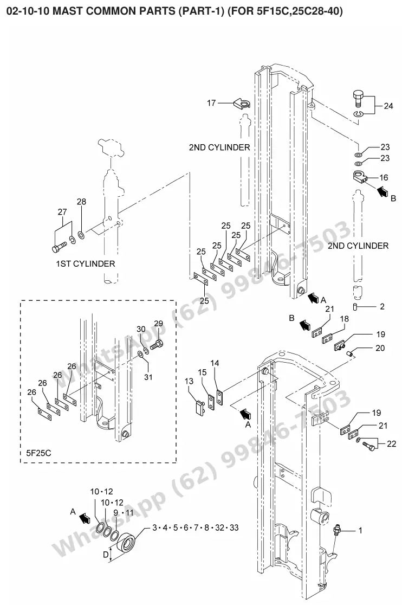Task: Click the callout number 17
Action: tap(211, 103)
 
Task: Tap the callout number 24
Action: tap(388, 106)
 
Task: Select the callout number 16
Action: tap(384, 177)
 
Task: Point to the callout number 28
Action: tap(81, 202)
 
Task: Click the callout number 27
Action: tap(62, 212)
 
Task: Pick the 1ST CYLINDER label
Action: tap(85, 264)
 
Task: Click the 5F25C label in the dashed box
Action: tap(38, 453)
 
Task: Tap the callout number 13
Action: tap(189, 381)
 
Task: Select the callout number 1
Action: tap(360, 531)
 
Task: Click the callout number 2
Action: tap(382, 307)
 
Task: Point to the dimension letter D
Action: tap(106, 555)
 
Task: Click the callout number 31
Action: tap(148, 377)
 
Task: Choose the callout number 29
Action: tap(158, 323)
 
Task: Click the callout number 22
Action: tap(391, 443)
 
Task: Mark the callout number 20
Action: tap(380, 348)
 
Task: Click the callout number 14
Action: tap(215, 363)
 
